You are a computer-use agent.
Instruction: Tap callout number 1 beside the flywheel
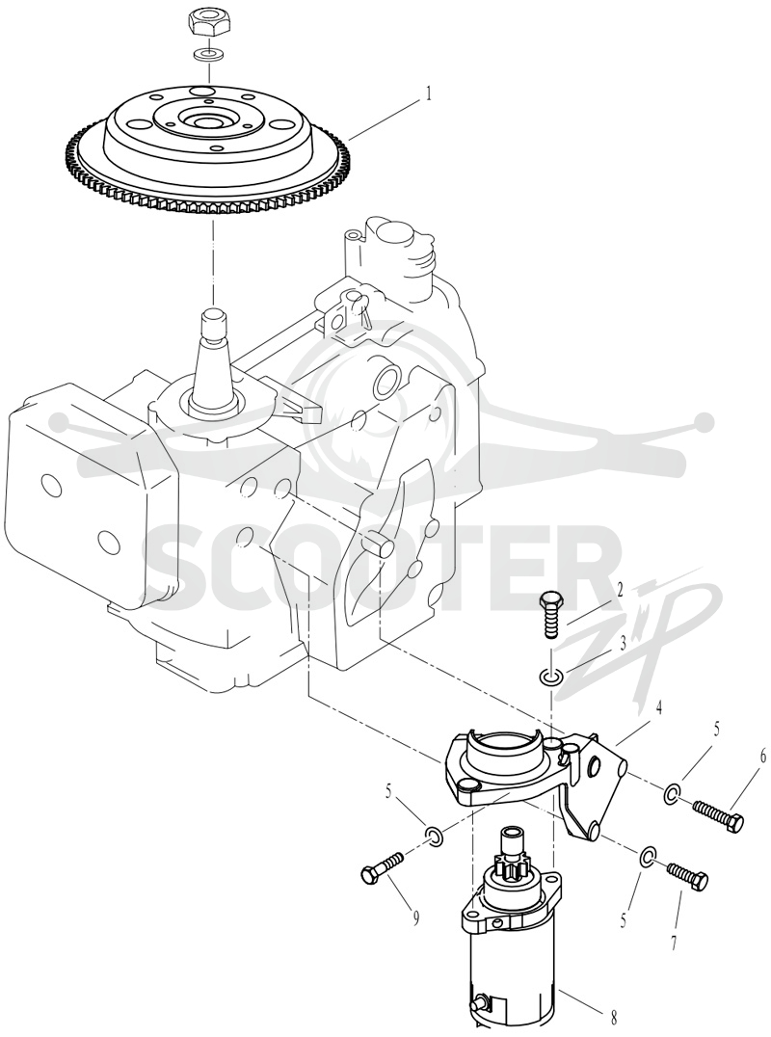coord(428,93)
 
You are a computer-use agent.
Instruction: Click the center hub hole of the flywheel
coord(207,121)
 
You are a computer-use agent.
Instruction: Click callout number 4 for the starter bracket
coord(658,708)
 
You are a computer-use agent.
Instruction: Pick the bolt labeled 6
coord(719,814)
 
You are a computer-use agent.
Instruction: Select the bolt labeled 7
coord(688,877)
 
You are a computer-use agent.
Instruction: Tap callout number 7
coord(675,943)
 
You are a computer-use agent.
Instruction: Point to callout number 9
coord(416,918)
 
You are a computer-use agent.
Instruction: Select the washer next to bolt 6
coord(672,792)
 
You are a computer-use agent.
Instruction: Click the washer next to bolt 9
coord(435,836)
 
